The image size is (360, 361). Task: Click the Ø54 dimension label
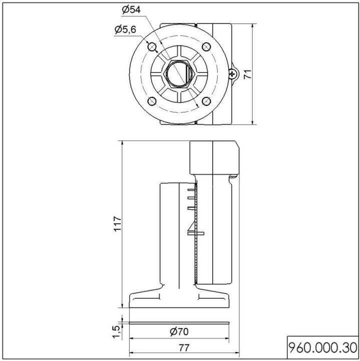131,10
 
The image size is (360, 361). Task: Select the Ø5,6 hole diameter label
125,30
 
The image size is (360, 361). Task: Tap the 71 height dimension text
248,74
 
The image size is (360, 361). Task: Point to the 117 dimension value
118,224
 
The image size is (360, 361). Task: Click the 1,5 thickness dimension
116,332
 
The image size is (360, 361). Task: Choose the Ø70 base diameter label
179,332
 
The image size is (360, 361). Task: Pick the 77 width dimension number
184,348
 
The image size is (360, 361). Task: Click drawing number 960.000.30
323,348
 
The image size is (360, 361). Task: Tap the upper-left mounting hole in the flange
152,47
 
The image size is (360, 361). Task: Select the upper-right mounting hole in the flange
206,47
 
